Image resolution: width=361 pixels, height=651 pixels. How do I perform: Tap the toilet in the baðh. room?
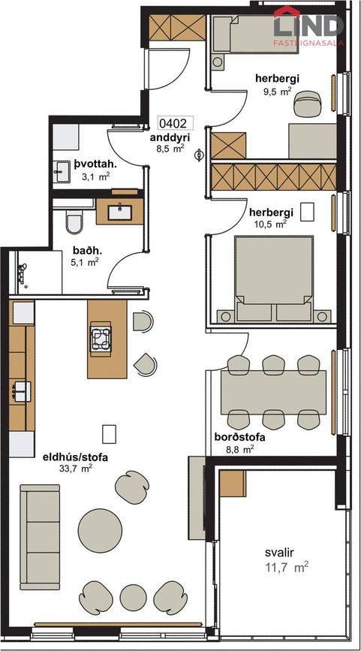[74, 222]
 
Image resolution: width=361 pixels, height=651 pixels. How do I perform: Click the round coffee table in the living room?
[100, 531]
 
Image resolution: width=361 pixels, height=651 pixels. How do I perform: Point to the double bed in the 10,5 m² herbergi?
[274, 279]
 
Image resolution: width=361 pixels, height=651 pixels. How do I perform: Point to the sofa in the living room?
[41, 536]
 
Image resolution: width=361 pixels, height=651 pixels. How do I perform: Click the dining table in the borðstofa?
[273, 392]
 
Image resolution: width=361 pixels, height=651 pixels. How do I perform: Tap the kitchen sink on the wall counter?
[22, 391]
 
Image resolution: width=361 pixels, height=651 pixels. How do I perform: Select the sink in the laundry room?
[63, 170]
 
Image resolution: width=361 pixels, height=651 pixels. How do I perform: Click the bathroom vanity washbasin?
[119, 212]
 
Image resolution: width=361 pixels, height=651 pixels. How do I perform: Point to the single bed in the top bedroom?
[255, 35]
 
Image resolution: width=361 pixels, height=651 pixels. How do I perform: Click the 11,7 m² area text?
[287, 567]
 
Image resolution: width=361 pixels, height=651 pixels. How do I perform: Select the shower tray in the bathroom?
[40, 272]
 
